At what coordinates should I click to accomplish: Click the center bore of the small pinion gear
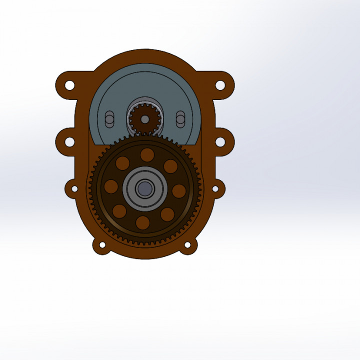(144, 119)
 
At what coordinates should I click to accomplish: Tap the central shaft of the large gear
(144, 188)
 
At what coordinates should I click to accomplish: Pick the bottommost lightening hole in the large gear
(142, 222)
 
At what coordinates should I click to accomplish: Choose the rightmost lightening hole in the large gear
(178, 191)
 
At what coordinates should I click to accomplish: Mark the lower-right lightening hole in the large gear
(167, 214)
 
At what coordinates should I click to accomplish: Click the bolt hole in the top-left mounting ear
(69, 85)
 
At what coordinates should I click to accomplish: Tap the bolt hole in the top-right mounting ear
(220, 85)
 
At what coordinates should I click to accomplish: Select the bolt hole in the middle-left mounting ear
(69, 142)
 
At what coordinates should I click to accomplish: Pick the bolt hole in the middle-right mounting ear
(220, 142)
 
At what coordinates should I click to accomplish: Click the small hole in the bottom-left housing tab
(102, 245)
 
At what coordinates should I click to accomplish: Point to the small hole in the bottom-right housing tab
(188, 245)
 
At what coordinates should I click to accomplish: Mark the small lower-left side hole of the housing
(74, 189)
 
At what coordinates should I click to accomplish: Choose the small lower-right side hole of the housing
(215, 189)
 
